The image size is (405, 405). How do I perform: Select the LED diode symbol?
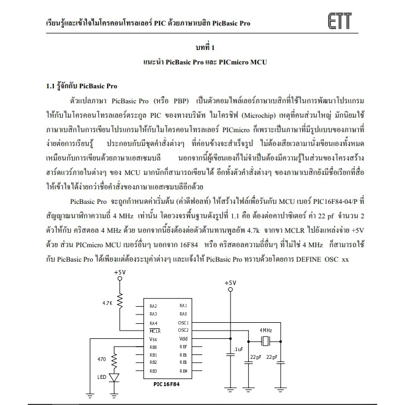coord(115,377)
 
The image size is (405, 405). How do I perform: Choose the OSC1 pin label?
coord(183,323)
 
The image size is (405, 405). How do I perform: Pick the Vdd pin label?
coord(183,339)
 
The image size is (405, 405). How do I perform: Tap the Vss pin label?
coord(153,339)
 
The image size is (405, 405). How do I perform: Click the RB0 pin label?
coord(153,347)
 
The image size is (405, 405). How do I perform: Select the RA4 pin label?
coord(153,323)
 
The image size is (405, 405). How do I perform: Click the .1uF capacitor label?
coord(239,348)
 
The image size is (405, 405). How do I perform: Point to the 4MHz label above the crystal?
coord(266,330)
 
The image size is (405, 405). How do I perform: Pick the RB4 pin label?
coord(183,371)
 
